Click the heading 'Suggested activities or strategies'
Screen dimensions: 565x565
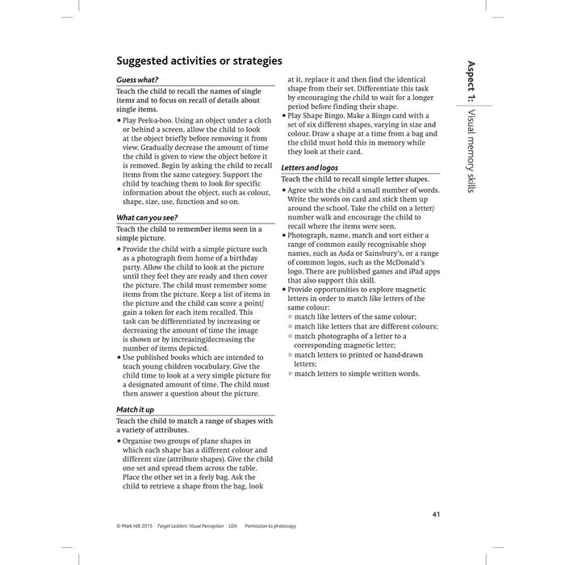click(x=199, y=61)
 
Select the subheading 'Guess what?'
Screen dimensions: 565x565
click(x=137, y=80)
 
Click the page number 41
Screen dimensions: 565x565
click(x=437, y=515)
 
